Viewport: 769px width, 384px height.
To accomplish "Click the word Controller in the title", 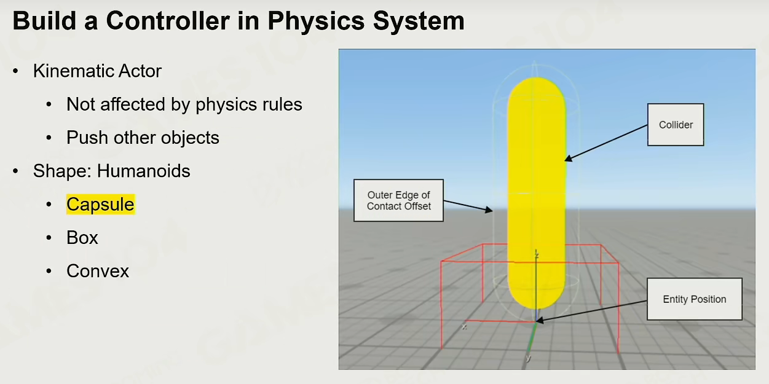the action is coord(168,21).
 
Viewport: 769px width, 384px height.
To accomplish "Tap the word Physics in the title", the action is coord(316,22).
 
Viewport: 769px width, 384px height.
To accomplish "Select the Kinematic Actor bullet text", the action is coord(97,71).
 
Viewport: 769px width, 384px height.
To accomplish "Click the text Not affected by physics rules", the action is coord(184,104).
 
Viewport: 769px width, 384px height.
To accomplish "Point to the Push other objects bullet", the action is coord(143,138).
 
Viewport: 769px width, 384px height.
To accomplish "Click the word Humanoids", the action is coord(143,171).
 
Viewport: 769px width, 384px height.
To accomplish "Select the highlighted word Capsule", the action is coord(101,205).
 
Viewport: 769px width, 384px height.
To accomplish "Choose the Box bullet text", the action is coord(82,238).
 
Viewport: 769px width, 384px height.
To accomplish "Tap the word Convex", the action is coord(98,271).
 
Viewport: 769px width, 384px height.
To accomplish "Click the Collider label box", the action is coord(676,125).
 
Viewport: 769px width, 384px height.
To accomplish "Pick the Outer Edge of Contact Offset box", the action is coord(398,200).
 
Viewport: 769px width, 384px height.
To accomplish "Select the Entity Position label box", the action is coord(695,299).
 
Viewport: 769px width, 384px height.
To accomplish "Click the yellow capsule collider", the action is coord(537,192).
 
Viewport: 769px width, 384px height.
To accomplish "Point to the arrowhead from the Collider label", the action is coord(568,159).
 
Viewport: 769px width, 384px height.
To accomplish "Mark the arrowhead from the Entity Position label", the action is coord(539,321).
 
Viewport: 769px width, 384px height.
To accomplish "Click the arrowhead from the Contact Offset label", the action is coord(489,210).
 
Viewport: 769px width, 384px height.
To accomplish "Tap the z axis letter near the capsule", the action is coord(537,254).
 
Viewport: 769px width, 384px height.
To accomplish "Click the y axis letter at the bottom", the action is coord(529,358).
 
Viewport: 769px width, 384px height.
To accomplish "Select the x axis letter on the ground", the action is coord(465,327).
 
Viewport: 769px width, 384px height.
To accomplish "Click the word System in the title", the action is coord(419,22).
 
